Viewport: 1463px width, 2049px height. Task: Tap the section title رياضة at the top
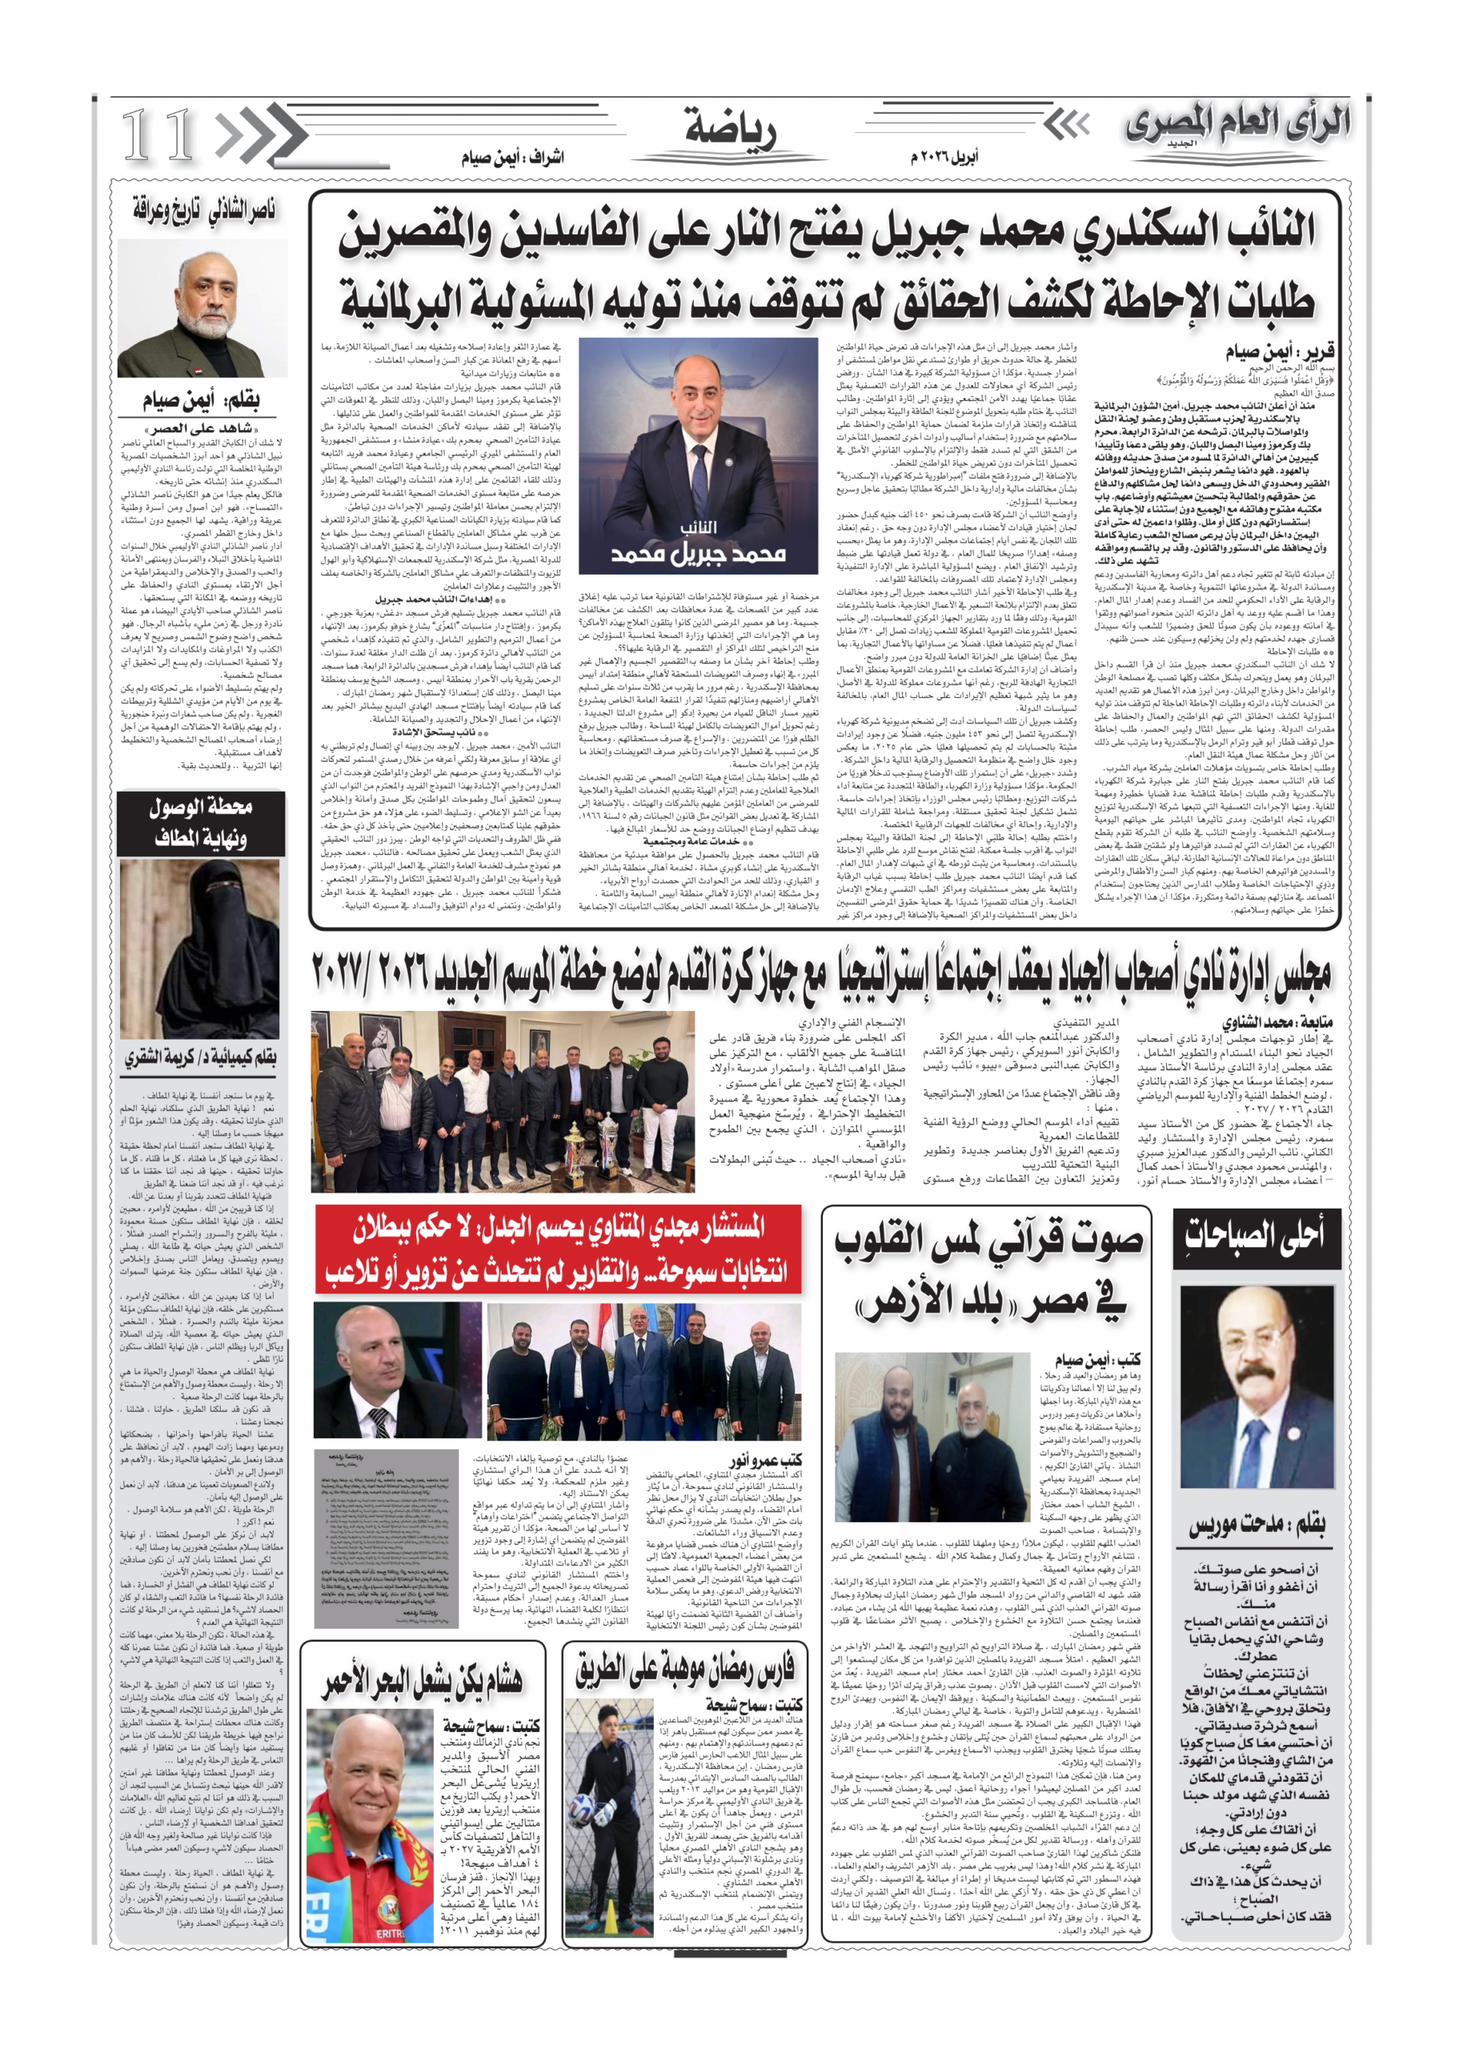coord(731,128)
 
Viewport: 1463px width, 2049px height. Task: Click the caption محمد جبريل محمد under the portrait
coord(697,551)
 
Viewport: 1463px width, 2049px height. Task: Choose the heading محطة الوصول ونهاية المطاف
coord(200,822)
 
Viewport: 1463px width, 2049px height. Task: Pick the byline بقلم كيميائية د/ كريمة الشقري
coord(200,1057)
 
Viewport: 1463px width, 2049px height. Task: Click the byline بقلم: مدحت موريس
coord(1257,1525)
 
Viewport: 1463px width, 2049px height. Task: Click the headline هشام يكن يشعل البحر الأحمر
coord(423,1678)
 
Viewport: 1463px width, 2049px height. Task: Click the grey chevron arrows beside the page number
coord(259,135)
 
